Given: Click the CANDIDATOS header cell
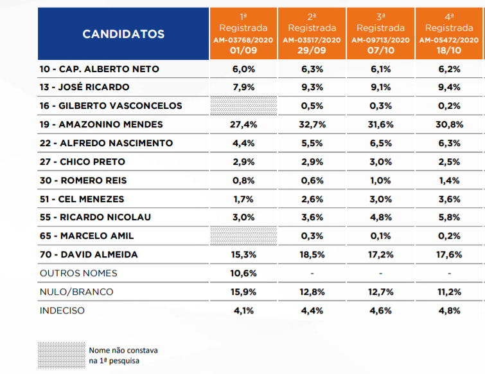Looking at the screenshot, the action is coord(123,33).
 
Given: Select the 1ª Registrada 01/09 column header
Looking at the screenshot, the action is coord(243,33).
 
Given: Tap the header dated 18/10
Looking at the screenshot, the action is coord(449,33).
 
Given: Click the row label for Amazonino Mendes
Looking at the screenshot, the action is coord(101,125).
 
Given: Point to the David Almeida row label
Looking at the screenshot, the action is coord(89,255).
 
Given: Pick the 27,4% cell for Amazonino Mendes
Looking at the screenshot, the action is coord(243,125).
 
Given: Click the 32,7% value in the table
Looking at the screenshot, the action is coord(312,125).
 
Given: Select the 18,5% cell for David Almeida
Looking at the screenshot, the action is coord(312,255).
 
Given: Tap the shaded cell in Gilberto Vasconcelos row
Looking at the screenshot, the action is coord(243,106).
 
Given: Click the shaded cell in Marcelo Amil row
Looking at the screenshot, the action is coord(243,236).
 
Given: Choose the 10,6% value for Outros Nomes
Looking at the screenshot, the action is coord(243,274).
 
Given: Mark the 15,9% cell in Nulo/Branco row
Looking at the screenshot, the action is coord(243,292).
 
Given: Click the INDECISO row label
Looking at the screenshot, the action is coord(62,310).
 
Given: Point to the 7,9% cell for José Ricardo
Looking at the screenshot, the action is coord(243,87).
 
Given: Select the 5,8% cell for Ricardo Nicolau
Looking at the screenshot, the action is coord(449,217).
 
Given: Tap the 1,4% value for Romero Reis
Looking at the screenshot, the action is coord(449,180).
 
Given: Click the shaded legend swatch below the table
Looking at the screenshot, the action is coord(62,355).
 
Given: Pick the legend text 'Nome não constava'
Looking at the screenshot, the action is coord(123,350).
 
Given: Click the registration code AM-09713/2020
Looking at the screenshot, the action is coord(380,40).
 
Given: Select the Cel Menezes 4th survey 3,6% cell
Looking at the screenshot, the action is coord(449,199).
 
